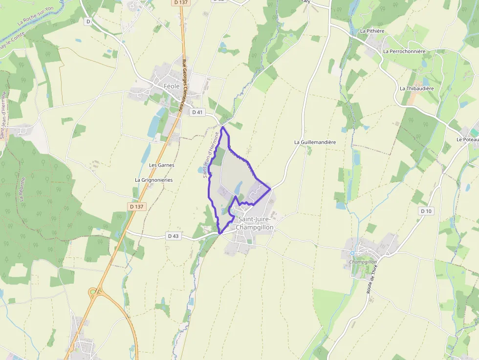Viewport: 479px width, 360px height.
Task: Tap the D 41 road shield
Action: pos(197,112)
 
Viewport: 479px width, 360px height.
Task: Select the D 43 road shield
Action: pos(174,236)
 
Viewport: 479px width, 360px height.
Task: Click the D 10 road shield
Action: pos(426,211)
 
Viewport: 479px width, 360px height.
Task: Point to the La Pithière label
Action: pos(372,31)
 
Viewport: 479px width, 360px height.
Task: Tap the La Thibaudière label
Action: pos(416,88)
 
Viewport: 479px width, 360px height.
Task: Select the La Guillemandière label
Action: pos(315,142)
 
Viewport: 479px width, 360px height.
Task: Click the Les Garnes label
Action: pos(161,165)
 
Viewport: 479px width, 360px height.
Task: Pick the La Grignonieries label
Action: pos(153,180)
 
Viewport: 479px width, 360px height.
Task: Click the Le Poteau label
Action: pos(467,139)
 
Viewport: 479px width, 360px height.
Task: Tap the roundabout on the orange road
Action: pos(93,292)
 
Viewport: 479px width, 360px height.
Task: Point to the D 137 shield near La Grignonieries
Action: pos(137,207)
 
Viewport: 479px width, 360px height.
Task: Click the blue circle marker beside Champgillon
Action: pos(352,253)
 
